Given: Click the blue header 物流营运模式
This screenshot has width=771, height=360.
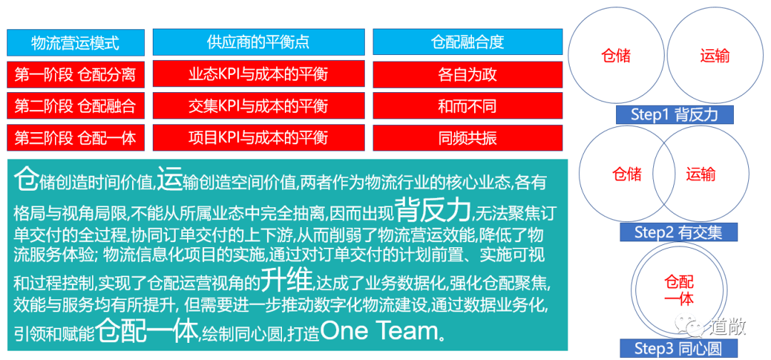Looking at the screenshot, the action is tap(75, 42).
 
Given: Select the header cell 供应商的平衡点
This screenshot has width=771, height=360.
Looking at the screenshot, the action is tap(258, 42).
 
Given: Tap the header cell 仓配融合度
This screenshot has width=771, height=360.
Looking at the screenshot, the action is tap(467, 42).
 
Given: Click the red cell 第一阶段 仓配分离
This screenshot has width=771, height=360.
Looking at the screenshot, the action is tap(75, 74).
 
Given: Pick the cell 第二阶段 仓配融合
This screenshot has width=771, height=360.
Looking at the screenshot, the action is tap(75, 106).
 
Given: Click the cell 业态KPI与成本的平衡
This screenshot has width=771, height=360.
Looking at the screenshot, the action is tap(258, 74).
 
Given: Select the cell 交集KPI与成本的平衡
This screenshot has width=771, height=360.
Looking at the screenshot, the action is tap(258, 106).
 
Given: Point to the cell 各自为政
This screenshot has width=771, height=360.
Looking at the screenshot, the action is tap(467, 74).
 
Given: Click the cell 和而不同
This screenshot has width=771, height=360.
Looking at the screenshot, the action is tap(467, 106).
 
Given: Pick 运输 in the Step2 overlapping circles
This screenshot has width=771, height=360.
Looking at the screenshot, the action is tap(700, 174).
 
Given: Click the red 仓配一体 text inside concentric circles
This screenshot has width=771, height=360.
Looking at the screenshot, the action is tap(678, 290).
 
